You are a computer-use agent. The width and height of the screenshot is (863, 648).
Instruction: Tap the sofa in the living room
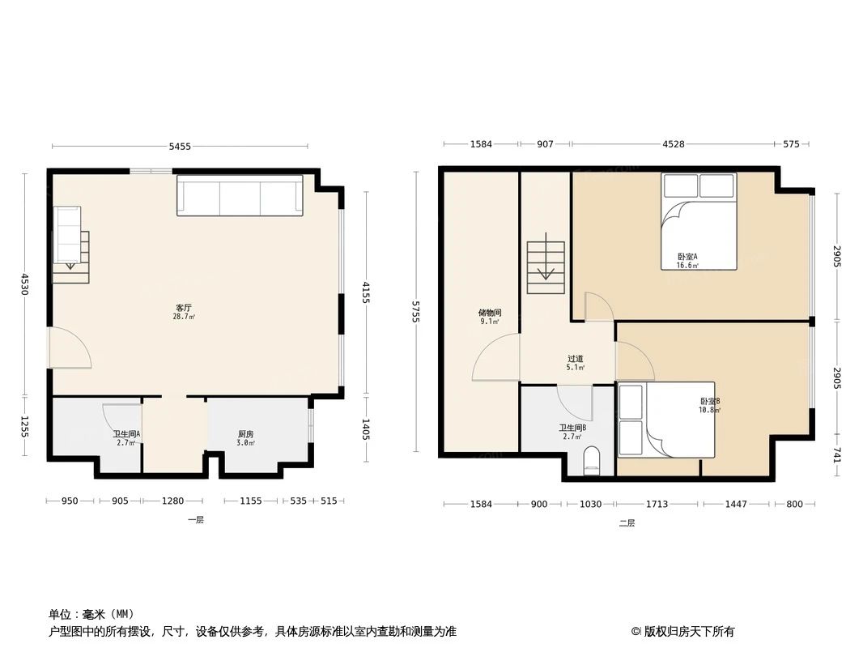click(240, 195)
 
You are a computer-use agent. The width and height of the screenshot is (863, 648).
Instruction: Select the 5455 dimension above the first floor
click(180, 147)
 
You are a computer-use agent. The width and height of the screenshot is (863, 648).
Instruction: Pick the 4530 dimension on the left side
click(25, 284)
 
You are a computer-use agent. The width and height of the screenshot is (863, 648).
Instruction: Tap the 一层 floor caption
click(196, 520)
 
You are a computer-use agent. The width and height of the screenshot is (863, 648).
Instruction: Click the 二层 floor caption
click(627, 523)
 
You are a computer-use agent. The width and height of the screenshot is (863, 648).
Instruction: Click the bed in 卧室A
click(699, 220)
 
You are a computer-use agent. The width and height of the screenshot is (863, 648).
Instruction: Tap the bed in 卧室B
click(666, 420)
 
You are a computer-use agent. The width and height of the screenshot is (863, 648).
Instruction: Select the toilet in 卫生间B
click(592, 460)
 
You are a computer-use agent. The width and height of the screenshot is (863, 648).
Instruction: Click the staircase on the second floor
click(546, 266)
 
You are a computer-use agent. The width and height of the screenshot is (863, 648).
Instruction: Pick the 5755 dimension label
click(417, 312)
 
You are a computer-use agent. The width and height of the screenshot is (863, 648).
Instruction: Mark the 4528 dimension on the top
click(673, 144)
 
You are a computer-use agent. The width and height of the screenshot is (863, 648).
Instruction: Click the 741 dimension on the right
click(836, 456)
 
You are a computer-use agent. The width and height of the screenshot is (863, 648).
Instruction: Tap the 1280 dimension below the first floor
click(172, 501)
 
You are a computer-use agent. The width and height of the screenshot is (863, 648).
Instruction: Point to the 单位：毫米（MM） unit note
click(91, 614)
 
